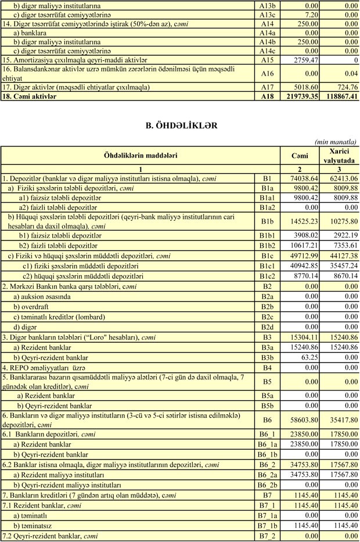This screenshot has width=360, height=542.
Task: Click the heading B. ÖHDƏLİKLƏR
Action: pyautogui.click(x=179, y=124)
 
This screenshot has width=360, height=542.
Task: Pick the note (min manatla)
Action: pyautogui.click(x=336, y=141)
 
